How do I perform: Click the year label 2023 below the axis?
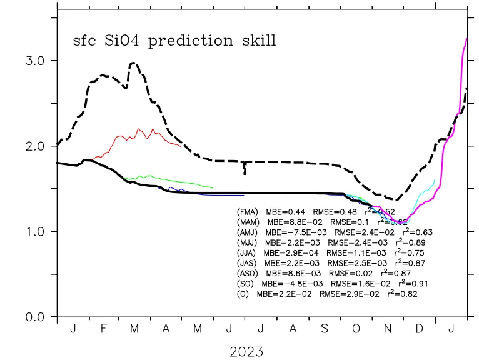pos(246,351)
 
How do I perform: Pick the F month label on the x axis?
pos(104,329)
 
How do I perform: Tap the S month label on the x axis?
pos(325,329)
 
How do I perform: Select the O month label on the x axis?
pos(356,329)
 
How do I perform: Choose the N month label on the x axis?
pos(388,329)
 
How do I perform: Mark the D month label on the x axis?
pos(420,329)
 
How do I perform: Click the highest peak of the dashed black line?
pos(133,62)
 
